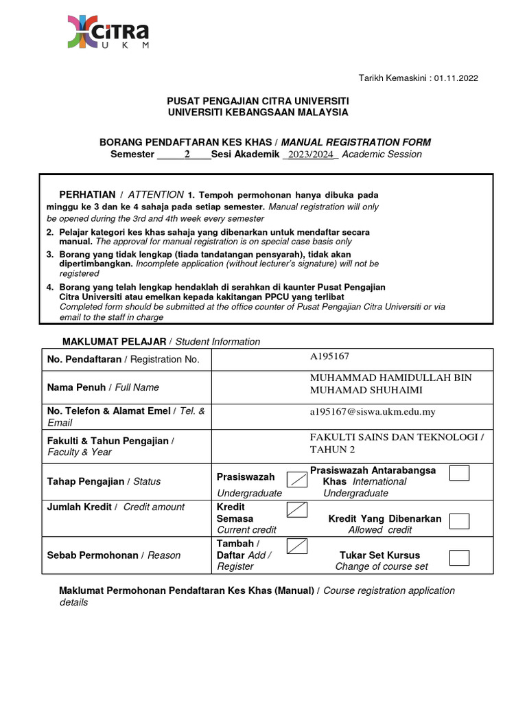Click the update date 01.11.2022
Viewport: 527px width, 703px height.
pos(455,78)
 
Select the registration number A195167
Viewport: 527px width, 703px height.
pos(331,356)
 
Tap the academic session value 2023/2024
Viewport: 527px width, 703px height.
pos(310,154)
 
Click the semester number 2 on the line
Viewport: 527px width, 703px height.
pos(187,154)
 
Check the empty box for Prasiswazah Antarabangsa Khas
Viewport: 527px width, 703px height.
pos(459,474)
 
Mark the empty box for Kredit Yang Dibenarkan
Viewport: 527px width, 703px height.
pos(459,521)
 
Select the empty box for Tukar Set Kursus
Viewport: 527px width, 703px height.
pos(459,557)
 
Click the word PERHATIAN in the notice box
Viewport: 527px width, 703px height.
pos(87,195)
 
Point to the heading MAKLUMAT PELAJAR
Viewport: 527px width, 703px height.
pos(115,341)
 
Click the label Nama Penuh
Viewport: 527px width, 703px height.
pos(75,387)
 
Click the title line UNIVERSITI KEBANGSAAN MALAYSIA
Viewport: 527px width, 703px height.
pos(258,112)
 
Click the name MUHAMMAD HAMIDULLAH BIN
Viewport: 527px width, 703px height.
pos(390,378)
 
